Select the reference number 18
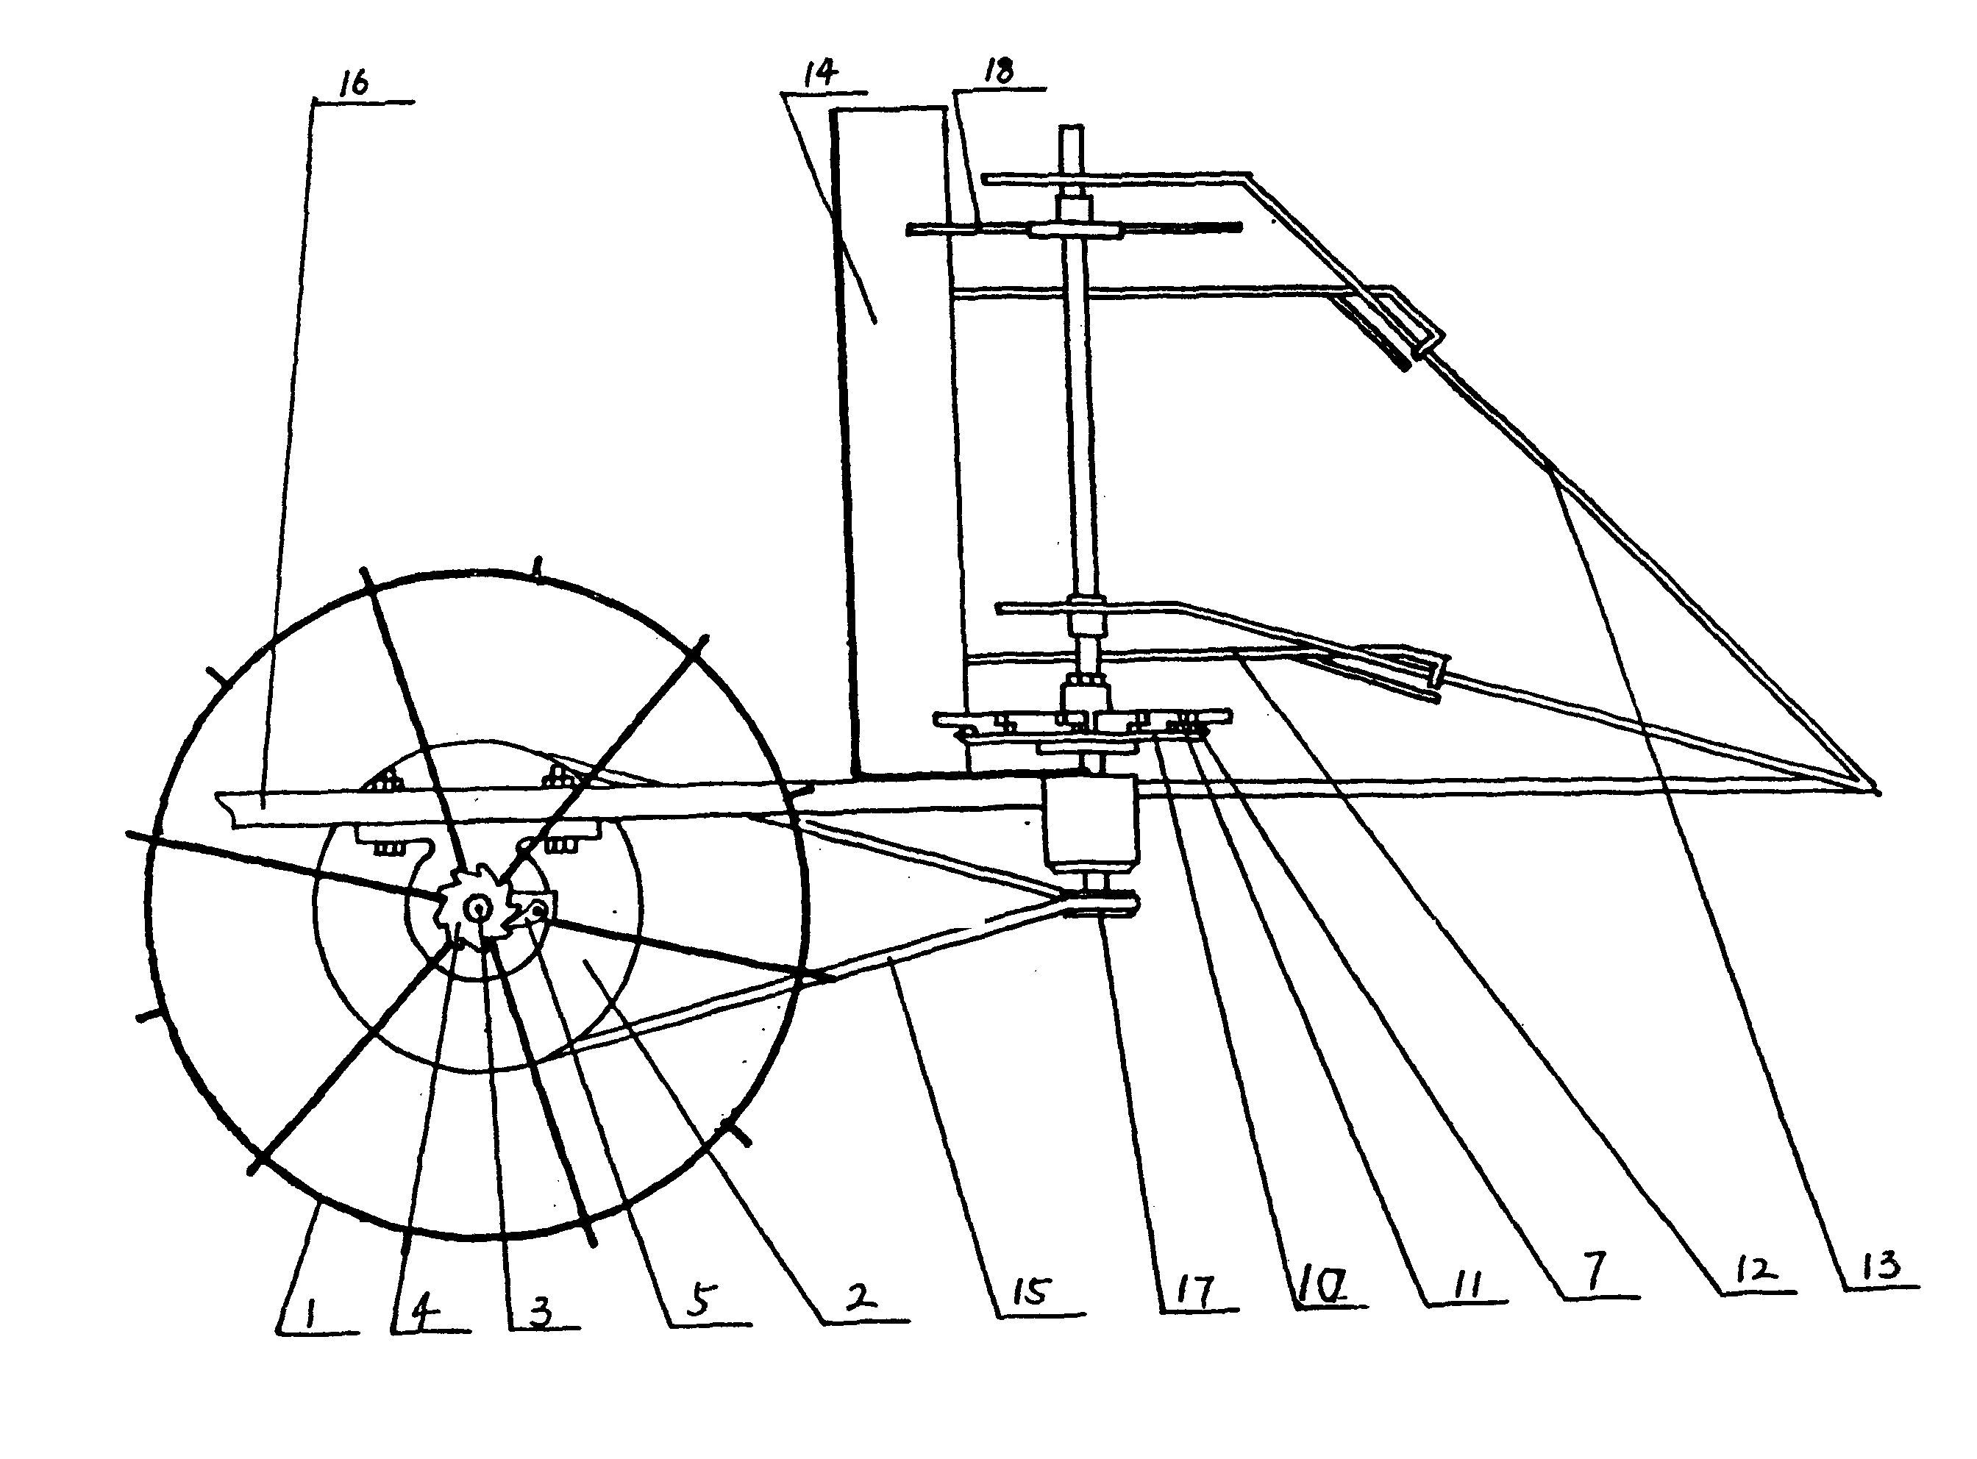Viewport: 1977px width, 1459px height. (999, 71)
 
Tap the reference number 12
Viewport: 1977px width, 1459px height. (1753, 1270)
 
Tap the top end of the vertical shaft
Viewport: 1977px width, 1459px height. (1072, 128)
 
